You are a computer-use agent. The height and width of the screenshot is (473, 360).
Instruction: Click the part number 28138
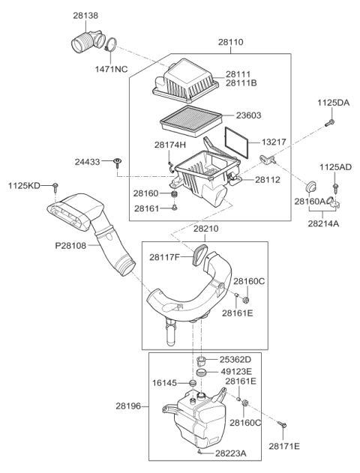click(85, 14)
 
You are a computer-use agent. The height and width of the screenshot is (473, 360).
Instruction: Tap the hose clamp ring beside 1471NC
click(110, 47)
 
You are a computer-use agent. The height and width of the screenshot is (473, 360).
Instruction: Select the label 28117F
click(165, 257)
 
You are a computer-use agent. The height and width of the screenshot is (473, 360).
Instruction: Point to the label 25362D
click(235, 359)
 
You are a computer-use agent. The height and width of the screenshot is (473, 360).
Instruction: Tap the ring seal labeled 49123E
click(201, 373)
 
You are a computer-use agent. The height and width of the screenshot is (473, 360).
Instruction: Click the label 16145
click(166, 382)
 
